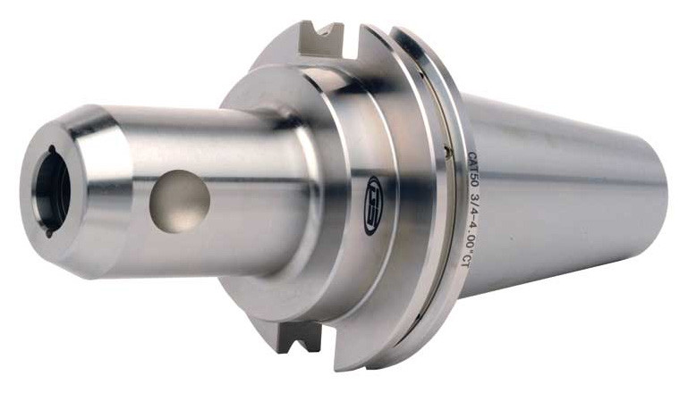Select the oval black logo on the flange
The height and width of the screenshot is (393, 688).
[371, 205]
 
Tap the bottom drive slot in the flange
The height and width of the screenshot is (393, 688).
[301, 338]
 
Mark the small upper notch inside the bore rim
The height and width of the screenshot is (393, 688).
[52, 152]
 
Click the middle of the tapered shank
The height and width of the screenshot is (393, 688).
[564, 201]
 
